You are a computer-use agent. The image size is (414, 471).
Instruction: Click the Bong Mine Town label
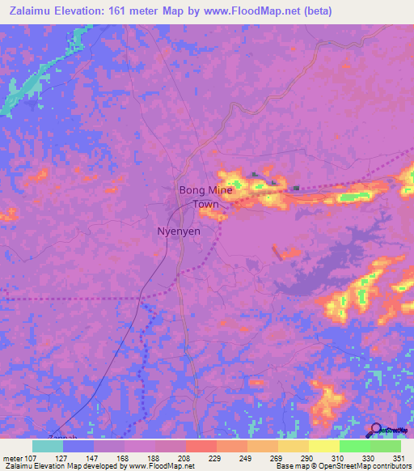(x=205, y=197)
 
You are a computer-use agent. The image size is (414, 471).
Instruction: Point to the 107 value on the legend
(x=29, y=458)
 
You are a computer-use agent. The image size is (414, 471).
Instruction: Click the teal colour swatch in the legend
(x=48, y=446)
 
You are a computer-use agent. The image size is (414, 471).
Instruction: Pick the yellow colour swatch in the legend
(x=323, y=446)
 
